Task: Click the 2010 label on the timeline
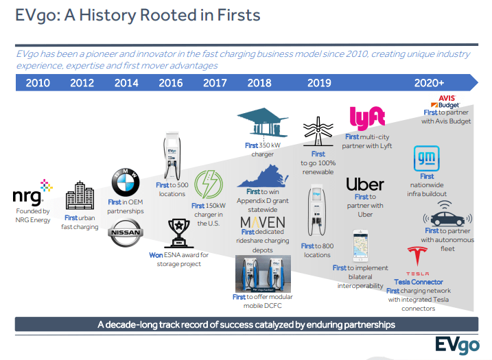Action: [38, 83]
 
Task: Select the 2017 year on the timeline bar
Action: [215, 83]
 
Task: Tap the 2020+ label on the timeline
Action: [429, 83]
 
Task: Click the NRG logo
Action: [33, 192]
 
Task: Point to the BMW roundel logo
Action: [125, 182]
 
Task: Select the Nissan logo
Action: [126, 232]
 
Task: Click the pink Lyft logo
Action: [367, 118]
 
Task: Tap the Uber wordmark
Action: [365, 184]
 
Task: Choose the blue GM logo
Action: [426, 158]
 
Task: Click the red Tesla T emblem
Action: [417, 256]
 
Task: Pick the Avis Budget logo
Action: [445, 101]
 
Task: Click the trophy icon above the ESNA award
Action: [179, 233]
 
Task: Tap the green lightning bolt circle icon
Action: [209, 184]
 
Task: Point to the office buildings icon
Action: [80, 195]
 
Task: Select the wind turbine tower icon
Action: [318, 132]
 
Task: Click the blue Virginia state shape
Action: [263, 176]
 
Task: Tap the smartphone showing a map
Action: [360, 246]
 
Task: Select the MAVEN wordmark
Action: [263, 222]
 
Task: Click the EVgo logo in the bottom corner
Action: [457, 346]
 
